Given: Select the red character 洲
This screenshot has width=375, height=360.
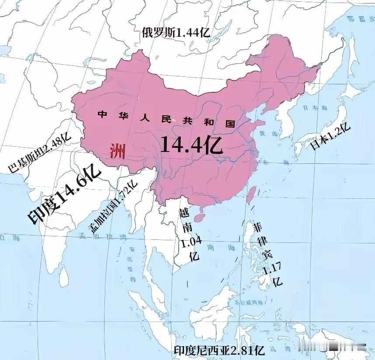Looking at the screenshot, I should point(117,152).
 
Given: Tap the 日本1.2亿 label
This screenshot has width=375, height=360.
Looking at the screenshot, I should point(330,136).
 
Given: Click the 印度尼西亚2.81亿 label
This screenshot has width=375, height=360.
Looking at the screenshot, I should point(219,350).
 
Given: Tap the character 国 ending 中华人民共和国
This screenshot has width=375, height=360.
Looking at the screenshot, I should point(230,123).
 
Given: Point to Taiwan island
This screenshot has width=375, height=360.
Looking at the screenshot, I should point(251,194).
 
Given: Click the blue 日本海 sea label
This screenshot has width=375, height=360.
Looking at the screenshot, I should point(314,108).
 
